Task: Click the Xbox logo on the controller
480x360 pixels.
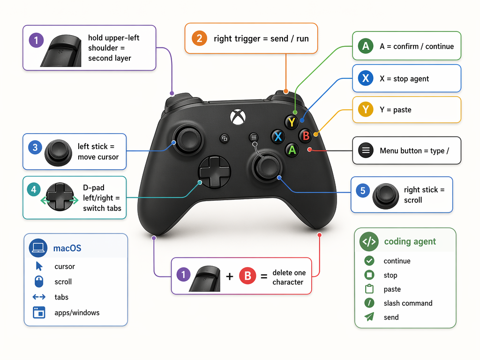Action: [236, 116]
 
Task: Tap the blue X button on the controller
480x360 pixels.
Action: [278, 136]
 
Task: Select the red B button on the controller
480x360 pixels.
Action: [306, 136]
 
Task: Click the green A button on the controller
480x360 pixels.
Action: [292, 150]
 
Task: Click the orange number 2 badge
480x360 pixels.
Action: [199, 38]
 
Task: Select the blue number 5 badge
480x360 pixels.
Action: [362, 190]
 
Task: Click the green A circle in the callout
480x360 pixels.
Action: [365, 46]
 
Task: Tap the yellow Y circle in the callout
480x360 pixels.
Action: [365, 110]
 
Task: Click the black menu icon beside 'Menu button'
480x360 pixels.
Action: [365, 150]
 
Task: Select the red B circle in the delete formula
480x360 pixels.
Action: [247, 276]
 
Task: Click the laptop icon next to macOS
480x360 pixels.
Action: [37, 248]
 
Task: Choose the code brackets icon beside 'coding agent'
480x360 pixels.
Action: [369, 241]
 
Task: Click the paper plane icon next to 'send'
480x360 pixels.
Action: [369, 317]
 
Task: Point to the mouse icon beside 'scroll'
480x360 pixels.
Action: [39, 282]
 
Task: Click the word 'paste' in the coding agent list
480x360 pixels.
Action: [392, 289]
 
